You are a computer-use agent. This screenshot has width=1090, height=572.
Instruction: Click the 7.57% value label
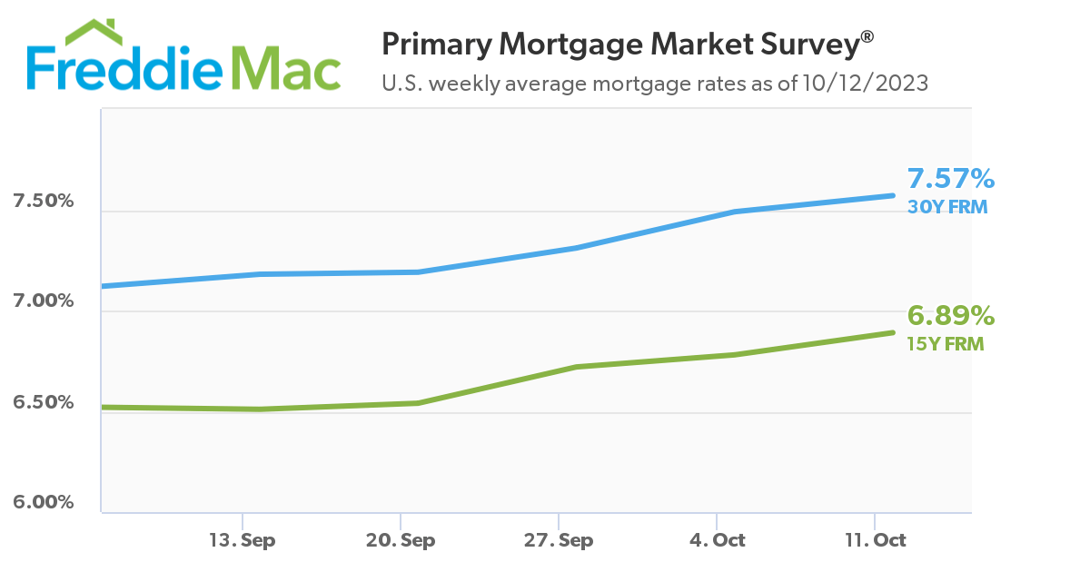(951, 179)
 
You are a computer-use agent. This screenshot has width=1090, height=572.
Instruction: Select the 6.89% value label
(951, 316)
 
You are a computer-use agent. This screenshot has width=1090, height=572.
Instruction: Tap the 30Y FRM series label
(947, 206)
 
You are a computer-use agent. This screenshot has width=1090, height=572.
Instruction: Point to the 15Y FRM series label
(946, 344)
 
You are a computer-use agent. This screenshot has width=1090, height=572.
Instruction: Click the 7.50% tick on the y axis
(43, 201)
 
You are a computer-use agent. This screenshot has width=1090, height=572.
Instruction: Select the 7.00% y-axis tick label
(43, 301)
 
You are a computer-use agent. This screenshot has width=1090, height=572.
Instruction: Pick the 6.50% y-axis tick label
(43, 402)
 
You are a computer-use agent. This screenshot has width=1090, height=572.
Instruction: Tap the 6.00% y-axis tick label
(43, 502)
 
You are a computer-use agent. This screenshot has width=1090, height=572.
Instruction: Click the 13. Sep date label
(243, 540)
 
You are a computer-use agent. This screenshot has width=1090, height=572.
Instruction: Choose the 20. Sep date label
(401, 540)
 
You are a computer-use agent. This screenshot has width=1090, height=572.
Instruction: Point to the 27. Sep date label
(559, 540)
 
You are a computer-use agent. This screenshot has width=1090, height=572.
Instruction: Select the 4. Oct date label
(717, 540)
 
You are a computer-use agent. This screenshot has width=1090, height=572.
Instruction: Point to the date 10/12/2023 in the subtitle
(866, 84)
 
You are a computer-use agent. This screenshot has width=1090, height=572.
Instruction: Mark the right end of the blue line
(893, 195)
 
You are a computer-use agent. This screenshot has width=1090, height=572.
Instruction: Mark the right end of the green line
(893, 332)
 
